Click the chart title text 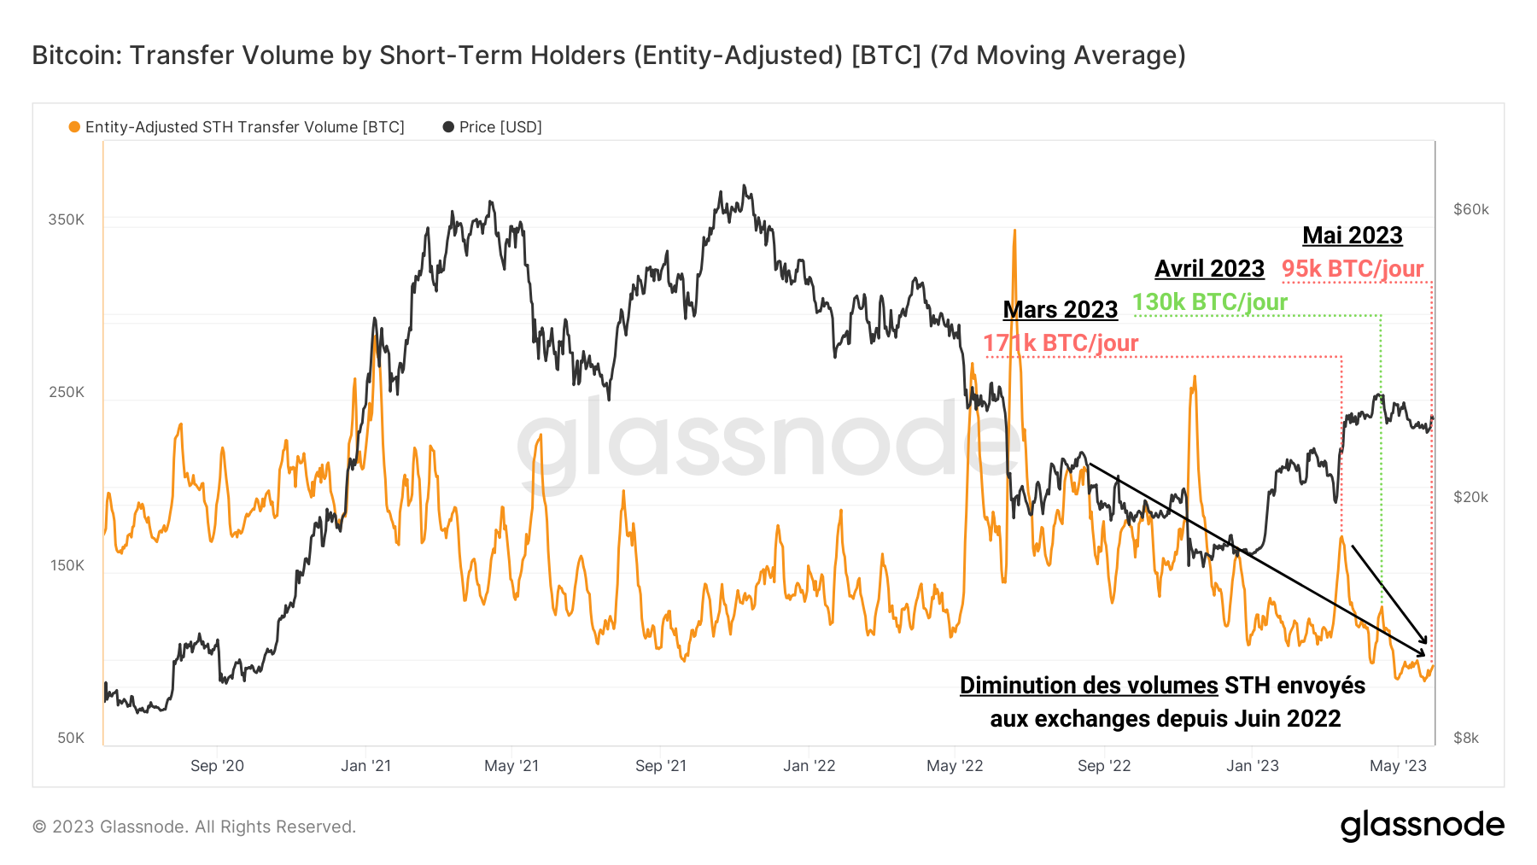(x=608, y=56)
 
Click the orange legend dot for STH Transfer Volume (x=74, y=127)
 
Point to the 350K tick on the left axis (x=67, y=219)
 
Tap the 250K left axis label (x=67, y=392)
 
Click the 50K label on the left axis (x=71, y=738)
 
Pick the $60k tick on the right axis (x=1470, y=209)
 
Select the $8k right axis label (x=1466, y=738)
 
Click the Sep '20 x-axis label (x=217, y=766)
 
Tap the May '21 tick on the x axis (x=511, y=766)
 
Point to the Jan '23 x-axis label (x=1252, y=766)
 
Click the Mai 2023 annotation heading (x=1353, y=236)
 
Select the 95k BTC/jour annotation (x=1353, y=269)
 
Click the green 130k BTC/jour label (x=1209, y=302)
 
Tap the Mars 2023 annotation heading (x=1060, y=309)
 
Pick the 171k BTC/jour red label (x=1060, y=343)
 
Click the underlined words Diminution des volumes (x=1089, y=686)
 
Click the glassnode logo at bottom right (x=1422, y=826)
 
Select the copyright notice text (x=194, y=827)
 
